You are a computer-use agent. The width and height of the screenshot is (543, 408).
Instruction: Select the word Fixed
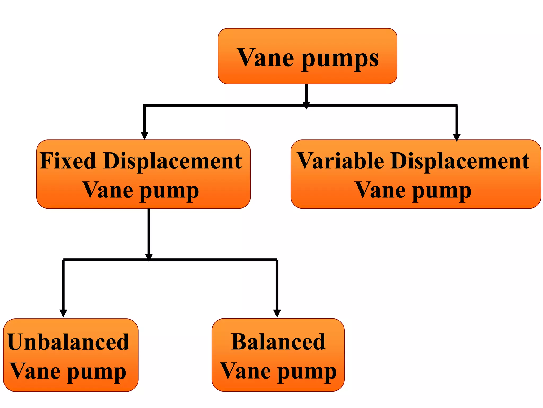point(68,161)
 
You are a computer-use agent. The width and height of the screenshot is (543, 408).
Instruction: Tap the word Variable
point(340,161)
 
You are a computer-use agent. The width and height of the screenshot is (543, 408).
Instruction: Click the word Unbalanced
point(68,342)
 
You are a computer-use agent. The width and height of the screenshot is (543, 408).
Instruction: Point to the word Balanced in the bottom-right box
point(278,342)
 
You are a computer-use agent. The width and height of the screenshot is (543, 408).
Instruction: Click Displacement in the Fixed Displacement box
point(173,161)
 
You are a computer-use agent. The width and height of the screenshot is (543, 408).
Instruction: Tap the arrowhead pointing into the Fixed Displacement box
point(144,135)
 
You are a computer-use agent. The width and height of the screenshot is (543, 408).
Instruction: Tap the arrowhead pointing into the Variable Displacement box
point(457,137)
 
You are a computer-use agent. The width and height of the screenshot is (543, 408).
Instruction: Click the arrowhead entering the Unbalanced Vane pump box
point(63,313)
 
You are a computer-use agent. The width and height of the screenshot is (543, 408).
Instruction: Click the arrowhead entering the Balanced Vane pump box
point(277,313)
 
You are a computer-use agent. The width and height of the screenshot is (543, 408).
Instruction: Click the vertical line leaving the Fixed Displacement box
point(149,231)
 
